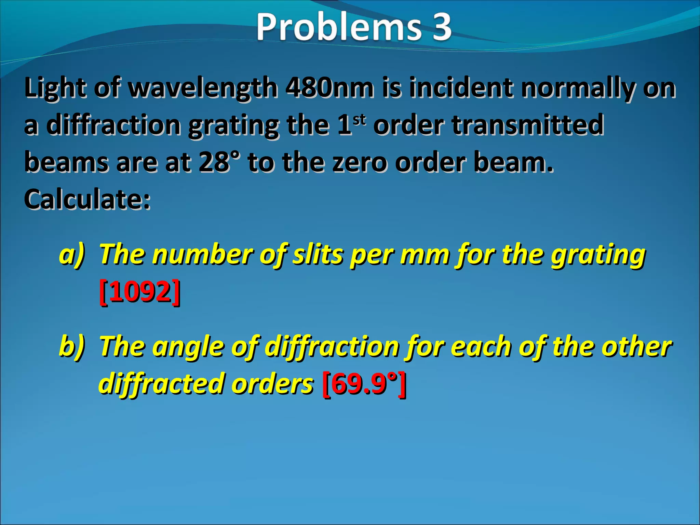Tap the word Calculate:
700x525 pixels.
[87, 200]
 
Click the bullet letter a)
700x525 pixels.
[72, 254]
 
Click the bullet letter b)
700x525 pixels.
[72, 346]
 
